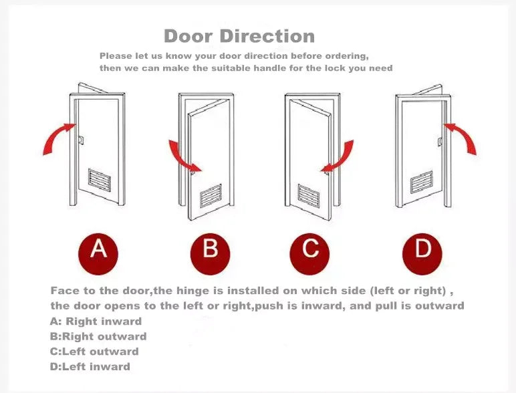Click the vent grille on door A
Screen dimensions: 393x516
coord(99,180)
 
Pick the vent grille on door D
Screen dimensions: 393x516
coord(422,180)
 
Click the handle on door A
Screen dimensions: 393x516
coord(80,140)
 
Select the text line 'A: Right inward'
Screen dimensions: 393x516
coord(96,321)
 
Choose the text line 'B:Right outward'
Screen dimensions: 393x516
coord(98,336)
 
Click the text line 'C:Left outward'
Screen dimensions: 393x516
coord(94,352)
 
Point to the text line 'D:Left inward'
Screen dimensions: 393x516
coord(90,366)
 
